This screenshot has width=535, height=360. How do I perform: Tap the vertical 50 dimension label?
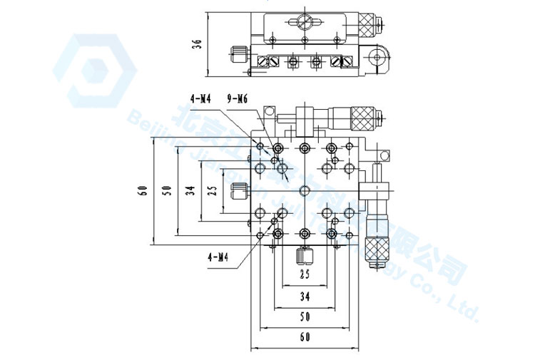tap(167, 190)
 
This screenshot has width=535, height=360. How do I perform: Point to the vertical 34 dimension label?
tap(189, 190)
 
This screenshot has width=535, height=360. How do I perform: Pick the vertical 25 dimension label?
tap(211, 190)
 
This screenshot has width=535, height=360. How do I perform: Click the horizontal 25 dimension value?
tap(305, 274)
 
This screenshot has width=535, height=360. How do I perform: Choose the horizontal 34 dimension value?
tap(305, 294)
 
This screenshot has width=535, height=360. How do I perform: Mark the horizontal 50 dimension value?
tap(305, 314)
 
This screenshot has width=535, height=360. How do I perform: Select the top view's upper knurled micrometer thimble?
tap(363, 118)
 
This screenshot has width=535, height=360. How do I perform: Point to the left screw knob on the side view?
tap(238, 53)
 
